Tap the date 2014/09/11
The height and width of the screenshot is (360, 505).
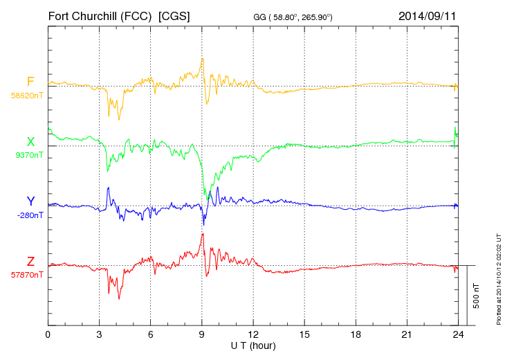(428, 15)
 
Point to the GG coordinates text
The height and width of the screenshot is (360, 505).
(302, 17)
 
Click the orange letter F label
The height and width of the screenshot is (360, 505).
(30, 82)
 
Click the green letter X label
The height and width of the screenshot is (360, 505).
(30, 142)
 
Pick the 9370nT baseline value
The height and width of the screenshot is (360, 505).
(28, 155)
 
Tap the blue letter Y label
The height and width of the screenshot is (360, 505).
(30, 201)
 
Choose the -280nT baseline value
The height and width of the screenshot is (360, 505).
(28, 215)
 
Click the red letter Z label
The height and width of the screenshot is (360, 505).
(30, 262)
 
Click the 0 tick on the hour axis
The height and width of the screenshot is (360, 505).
(48, 335)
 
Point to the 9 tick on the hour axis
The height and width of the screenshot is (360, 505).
(201, 335)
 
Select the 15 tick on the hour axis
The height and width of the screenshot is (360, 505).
(304, 335)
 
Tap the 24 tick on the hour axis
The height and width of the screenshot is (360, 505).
(457, 335)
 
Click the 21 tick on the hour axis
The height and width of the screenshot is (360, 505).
(406, 335)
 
